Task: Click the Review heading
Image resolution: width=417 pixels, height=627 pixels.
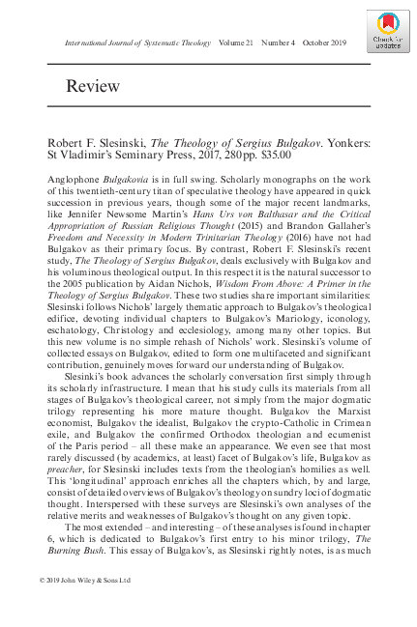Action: (93, 87)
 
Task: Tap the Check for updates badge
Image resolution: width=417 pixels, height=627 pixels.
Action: (385, 33)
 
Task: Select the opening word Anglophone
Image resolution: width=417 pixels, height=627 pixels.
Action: (75, 182)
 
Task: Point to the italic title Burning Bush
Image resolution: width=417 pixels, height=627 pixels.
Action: (81, 558)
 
